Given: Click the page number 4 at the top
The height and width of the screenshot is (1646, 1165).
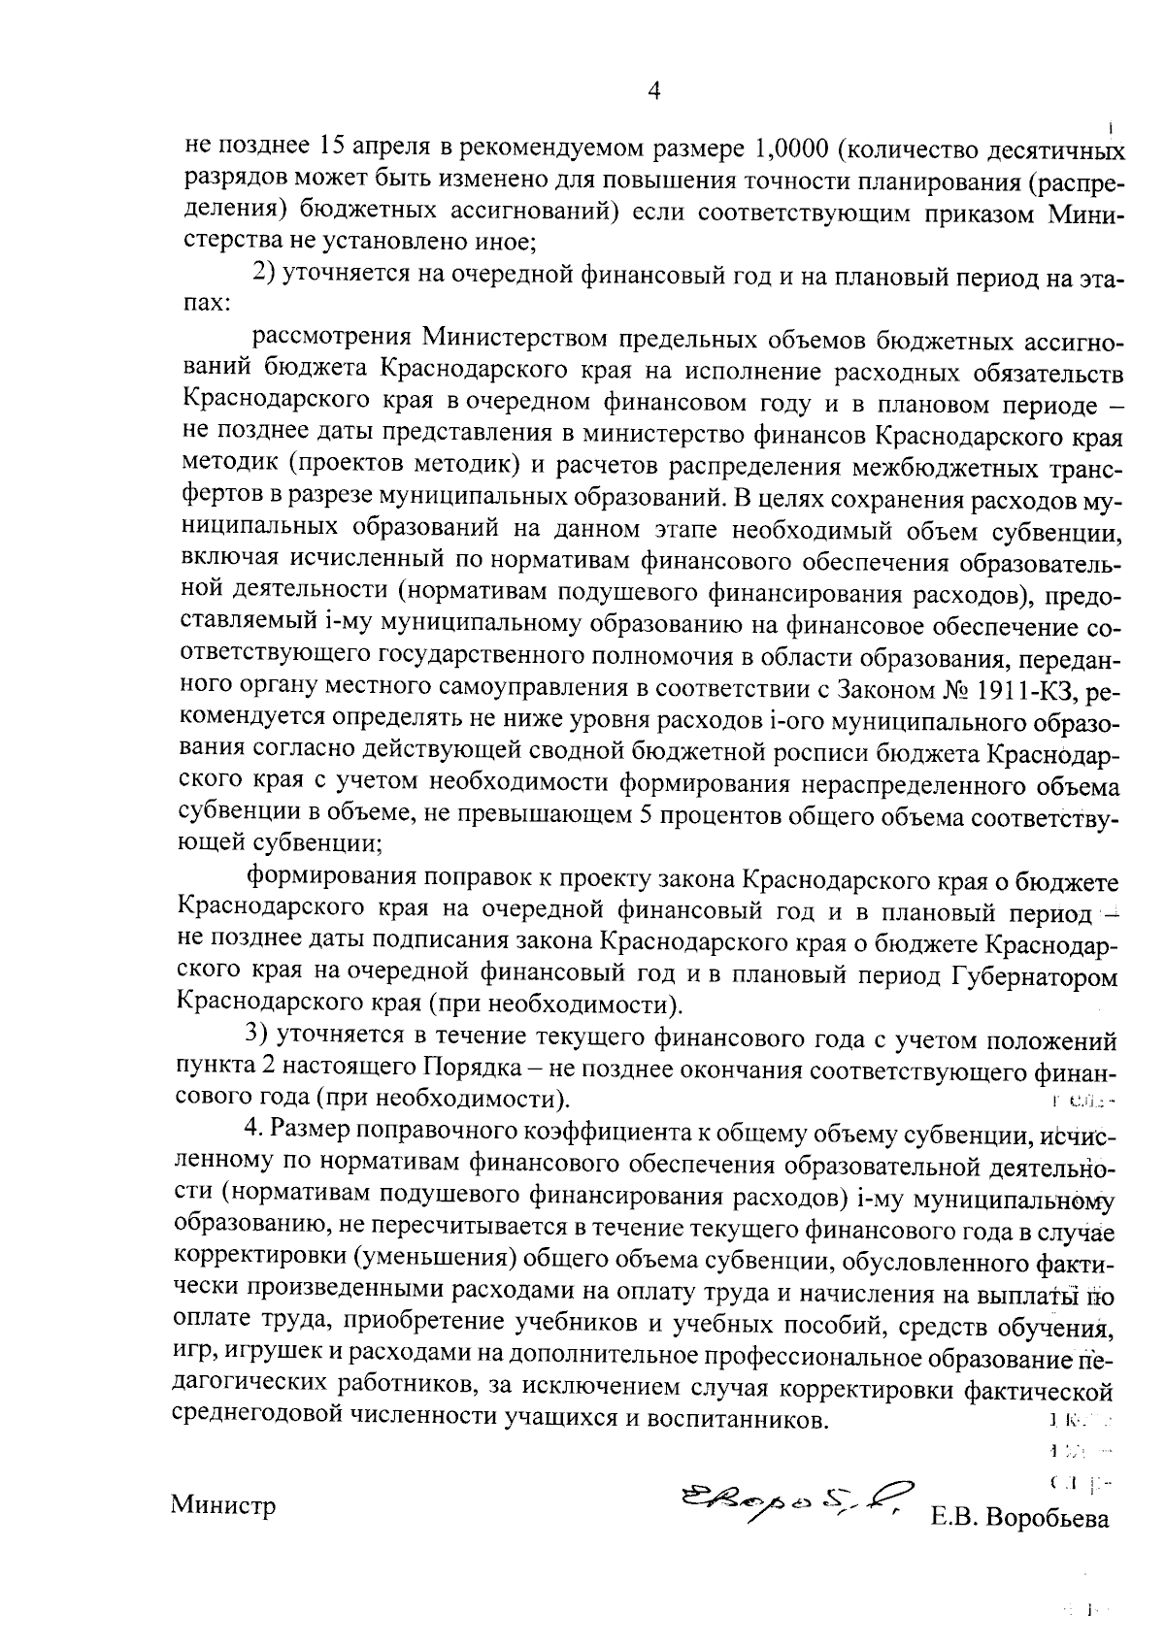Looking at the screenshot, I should click(x=652, y=91).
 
